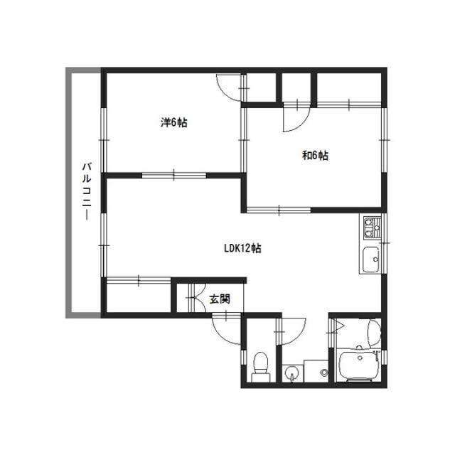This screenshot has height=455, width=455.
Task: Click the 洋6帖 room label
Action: click(173, 122)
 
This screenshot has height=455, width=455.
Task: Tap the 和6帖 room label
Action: click(315, 156)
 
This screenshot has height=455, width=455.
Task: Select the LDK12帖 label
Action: click(242, 248)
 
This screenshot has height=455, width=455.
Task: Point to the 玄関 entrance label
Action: click(220, 299)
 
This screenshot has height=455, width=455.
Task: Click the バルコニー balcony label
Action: click(87, 191)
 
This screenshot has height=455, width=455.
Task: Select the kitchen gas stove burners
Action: click(372, 227)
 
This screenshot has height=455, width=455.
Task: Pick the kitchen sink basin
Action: click(371, 259)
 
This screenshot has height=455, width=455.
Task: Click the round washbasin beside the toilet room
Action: click(291, 373)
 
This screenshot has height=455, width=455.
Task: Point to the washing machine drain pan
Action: click(316, 371)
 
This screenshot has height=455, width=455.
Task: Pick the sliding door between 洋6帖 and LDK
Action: click(173, 176)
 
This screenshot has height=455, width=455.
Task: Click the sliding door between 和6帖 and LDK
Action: click(279, 210)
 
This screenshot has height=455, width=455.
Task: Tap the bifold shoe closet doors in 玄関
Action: click(196, 298)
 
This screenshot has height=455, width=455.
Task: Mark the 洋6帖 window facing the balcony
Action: click(104, 140)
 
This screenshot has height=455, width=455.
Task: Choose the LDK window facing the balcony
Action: click(104, 245)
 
